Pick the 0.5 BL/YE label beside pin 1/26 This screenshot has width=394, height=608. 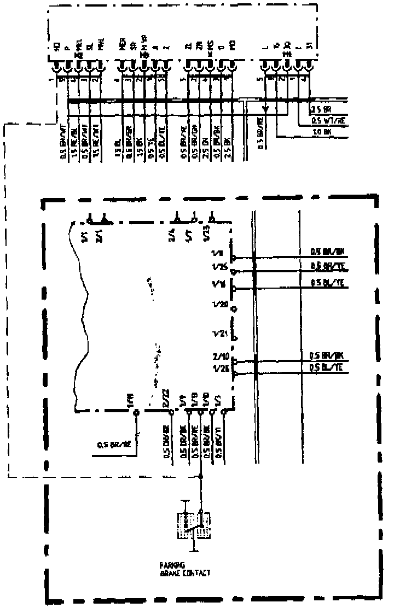(326, 368)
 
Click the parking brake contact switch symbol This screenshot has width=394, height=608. (194, 525)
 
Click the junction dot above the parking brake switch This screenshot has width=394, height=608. (201, 477)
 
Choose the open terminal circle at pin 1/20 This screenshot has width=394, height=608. (235, 309)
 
